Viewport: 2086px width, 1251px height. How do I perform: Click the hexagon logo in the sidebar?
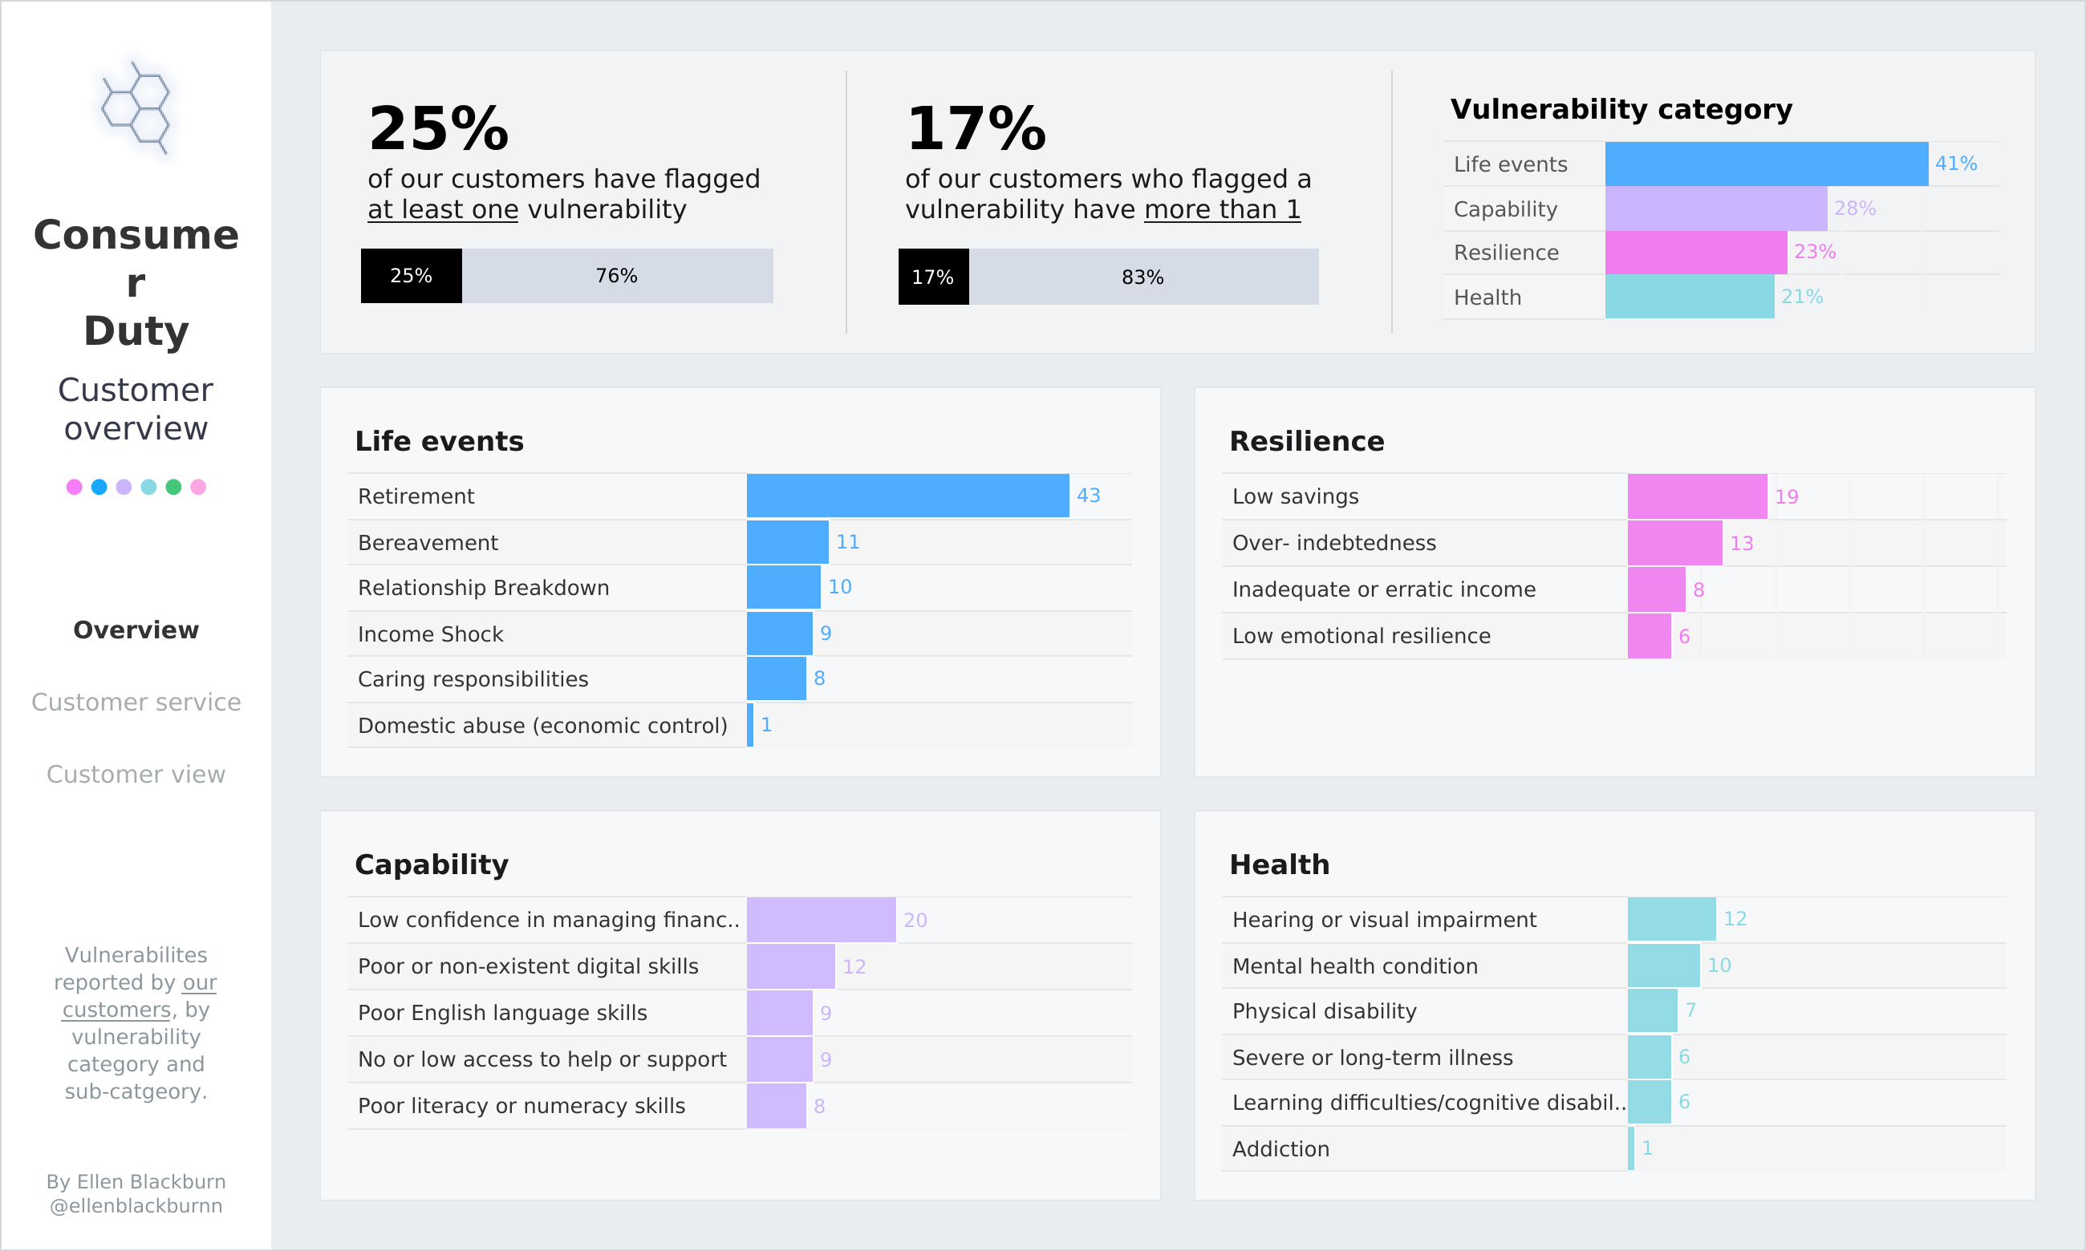pos(136,108)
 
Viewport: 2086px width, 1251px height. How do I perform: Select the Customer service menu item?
pos(136,702)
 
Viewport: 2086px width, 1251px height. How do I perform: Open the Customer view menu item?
pos(136,774)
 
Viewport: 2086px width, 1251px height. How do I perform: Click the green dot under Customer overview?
pos(172,488)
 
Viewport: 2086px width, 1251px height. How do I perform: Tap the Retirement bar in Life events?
pos(907,496)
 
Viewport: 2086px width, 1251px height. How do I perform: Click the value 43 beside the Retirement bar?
pos(1088,496)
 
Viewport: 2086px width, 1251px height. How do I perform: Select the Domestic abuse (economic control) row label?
pos(542,726)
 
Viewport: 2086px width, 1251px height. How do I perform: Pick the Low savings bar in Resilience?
pos(1696,496)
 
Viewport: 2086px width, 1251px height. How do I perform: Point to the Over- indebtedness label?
pos(1334,543)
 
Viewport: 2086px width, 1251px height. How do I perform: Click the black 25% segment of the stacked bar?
pos(412,276)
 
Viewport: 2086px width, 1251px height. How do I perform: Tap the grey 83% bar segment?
pos(1142,277)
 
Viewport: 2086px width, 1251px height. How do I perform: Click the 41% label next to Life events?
pos(1955,164)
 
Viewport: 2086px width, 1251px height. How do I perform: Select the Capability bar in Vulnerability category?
pos(1715,208)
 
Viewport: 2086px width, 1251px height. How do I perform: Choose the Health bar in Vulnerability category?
pos(1689,297)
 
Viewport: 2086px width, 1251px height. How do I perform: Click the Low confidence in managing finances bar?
pos(821,920)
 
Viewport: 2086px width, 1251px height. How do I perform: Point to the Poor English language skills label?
pos(502,1013)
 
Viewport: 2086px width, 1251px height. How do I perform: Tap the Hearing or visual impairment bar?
pos(1671,919)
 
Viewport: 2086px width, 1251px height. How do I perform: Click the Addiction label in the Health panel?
pos(1280,1149)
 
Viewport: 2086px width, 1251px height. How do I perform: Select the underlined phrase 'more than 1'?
pos(1222,209)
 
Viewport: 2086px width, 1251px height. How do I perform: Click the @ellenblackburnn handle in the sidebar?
pos(136,1205)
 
